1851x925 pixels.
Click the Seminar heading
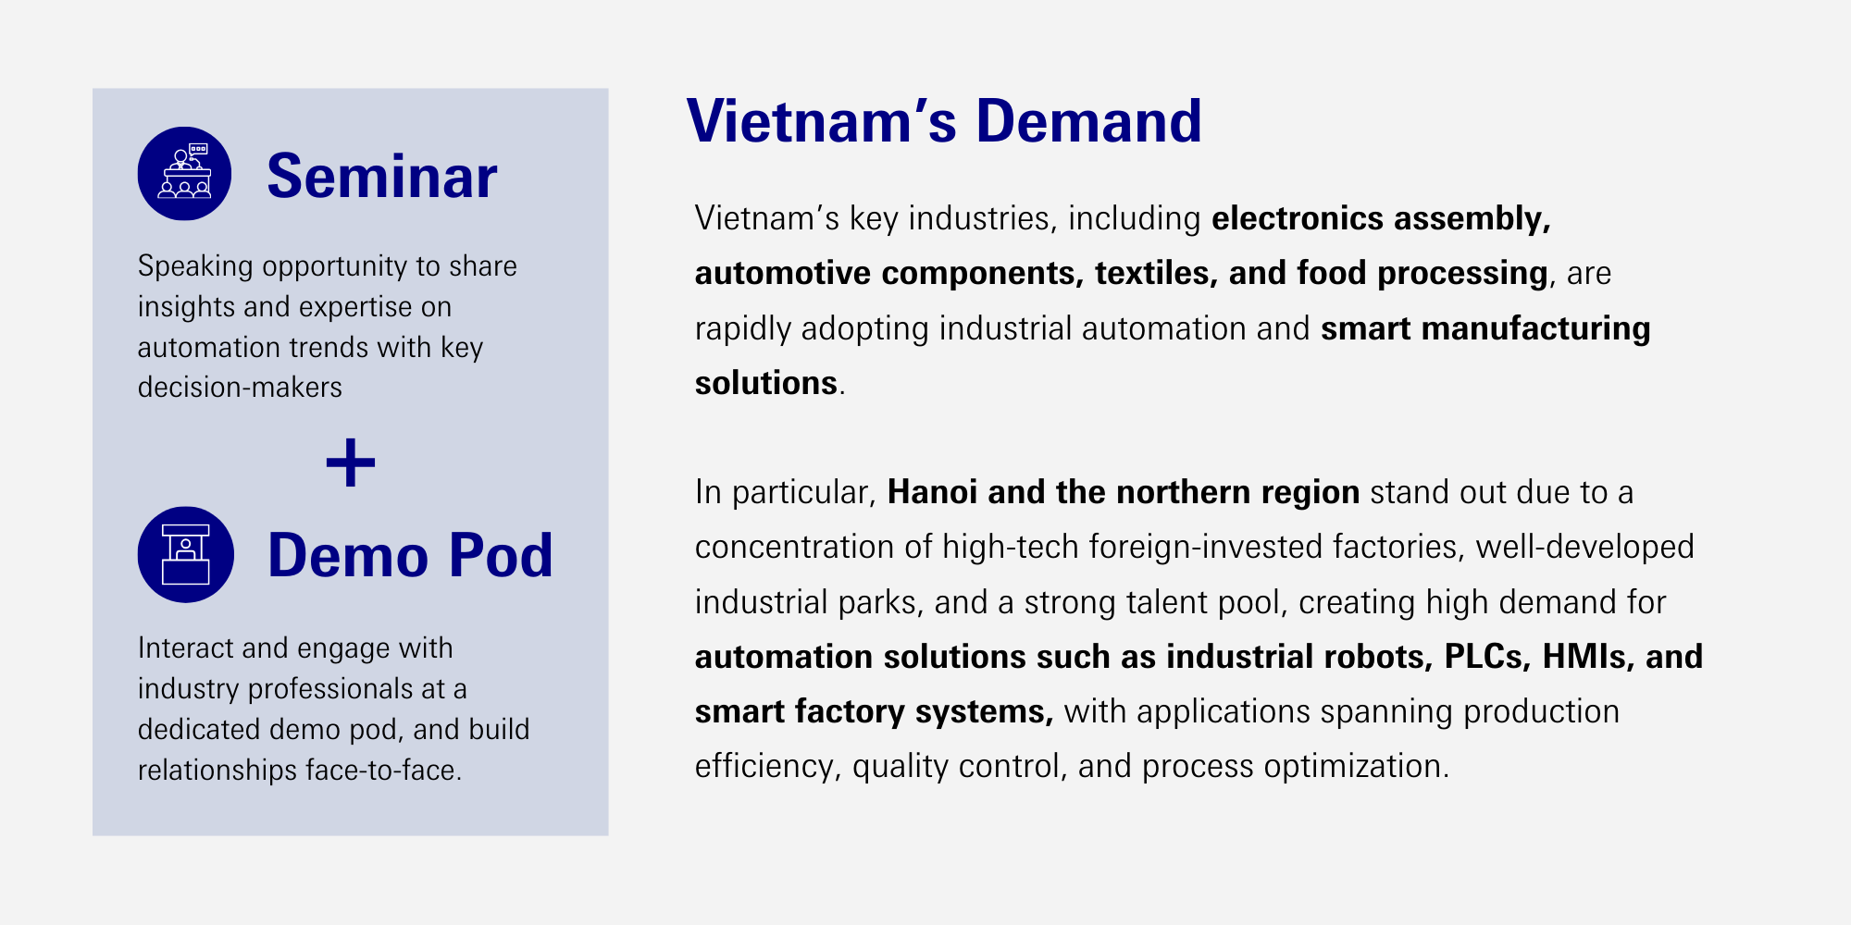(x=381, y=176)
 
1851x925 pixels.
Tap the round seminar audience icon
(x=185, y=173)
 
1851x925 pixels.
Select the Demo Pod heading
(x=410, y=556)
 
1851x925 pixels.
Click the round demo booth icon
(x=185, y=555)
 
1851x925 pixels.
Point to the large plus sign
(x=351, y=462)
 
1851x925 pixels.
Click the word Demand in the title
(x=1088, y=121)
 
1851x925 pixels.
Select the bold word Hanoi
(x=932, y=492)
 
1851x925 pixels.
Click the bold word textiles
(x=1156, y=274)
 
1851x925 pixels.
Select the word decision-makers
(x=240, y=387)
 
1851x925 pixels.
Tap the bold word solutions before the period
(x=766, y=383)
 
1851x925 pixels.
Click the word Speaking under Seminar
(x=195, y=266)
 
